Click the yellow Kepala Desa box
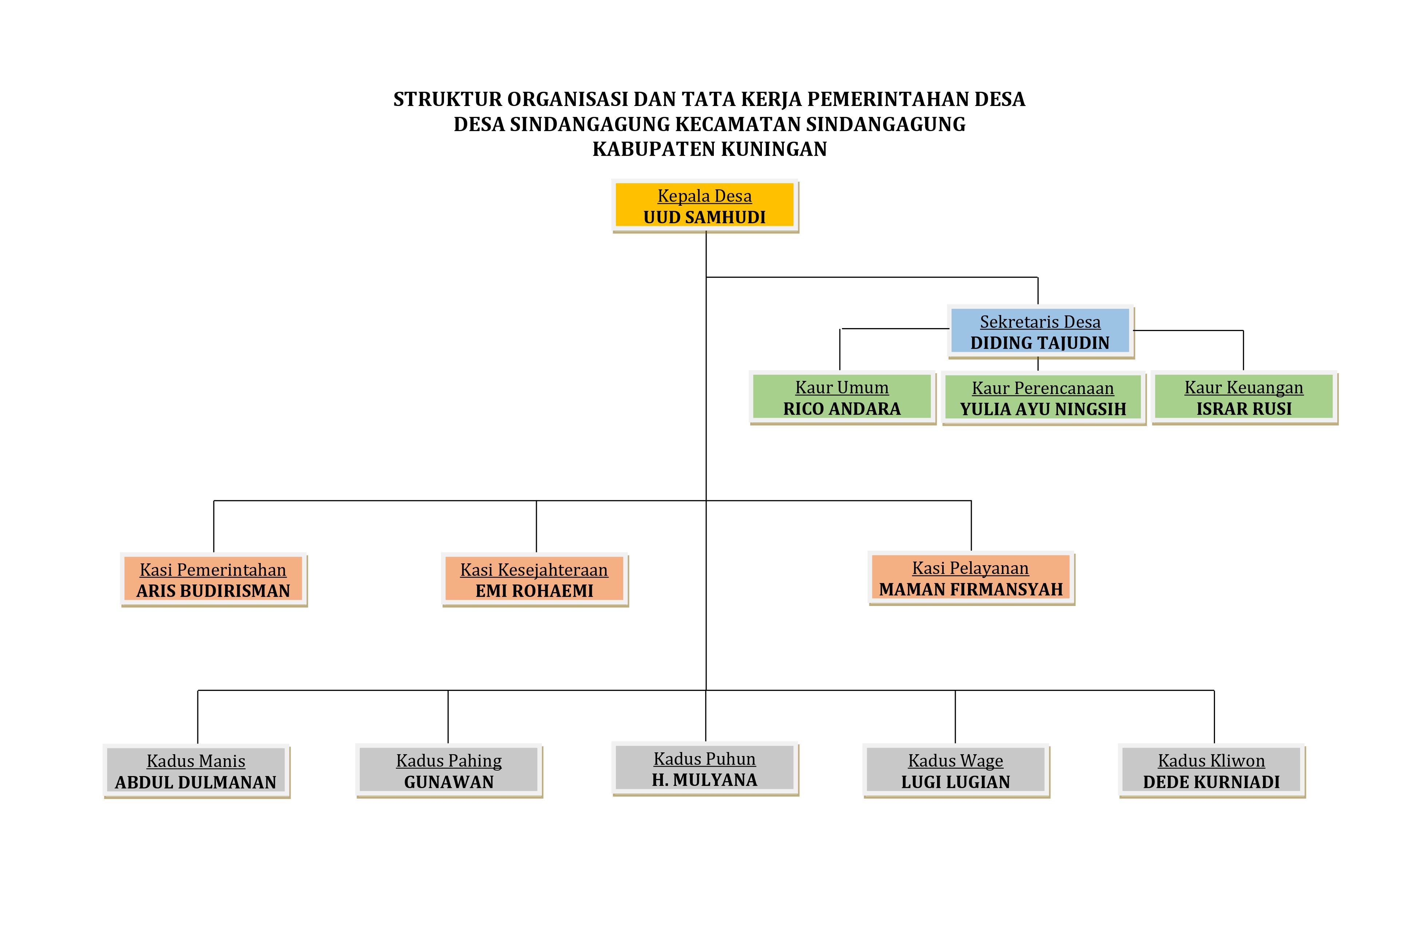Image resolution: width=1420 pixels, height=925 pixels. coord(705,205)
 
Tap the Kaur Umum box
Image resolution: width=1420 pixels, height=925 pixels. coord(842,397)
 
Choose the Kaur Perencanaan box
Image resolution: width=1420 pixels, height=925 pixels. coord(1043,398)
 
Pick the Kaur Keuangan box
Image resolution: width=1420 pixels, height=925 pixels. coord(1244,397)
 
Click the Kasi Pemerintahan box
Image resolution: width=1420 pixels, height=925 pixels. coord(213,579)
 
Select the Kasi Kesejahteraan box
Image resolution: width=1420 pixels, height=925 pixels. coord(535,579)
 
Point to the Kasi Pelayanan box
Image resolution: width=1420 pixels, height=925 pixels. coord(971,578)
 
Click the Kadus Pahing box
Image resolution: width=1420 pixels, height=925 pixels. coord(449,771)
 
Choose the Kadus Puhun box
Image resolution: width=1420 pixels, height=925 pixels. coord(705,769)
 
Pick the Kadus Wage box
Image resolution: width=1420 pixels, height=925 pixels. coord(956,771)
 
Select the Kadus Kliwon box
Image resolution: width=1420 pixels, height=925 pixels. coord(1212,771)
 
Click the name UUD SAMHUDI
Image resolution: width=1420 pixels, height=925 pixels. coord(705,217)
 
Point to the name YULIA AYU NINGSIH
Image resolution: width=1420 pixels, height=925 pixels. coord(1043,409)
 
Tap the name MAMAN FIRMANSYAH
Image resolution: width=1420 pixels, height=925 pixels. coord(971,590)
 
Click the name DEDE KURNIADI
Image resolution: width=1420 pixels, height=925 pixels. coord(1211,782)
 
